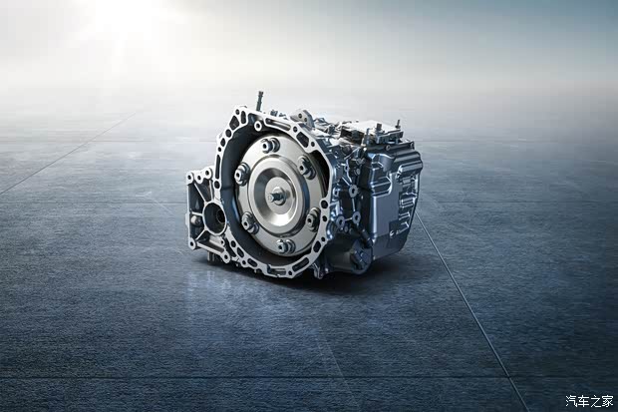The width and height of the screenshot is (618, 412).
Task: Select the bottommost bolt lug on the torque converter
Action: (x=286, y=246)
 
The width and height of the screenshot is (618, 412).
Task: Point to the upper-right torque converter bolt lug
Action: (x=306, y=167)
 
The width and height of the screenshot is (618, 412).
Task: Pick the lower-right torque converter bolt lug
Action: (x=313, y=219)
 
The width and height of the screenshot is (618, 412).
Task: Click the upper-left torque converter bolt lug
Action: (x=241, y=174)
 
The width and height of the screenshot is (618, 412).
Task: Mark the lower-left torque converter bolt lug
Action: (x=249, y=223)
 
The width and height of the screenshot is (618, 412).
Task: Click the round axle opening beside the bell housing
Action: (x=214, y=217)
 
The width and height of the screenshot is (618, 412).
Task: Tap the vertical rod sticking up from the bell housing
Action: (x=260, y=101)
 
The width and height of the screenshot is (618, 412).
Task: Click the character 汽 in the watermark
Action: (x=572, y=401)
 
